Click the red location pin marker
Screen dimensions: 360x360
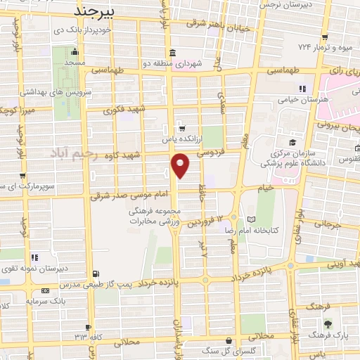(x=181, y=165)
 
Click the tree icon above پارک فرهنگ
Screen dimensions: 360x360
(x=328, y=323)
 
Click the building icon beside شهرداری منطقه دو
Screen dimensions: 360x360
(x=173, y=53)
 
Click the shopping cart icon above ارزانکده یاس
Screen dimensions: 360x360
(x=182, y=128)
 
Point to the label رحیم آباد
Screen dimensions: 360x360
(x=76, y=153)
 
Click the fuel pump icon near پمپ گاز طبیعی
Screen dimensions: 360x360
(x=96, y=274)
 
